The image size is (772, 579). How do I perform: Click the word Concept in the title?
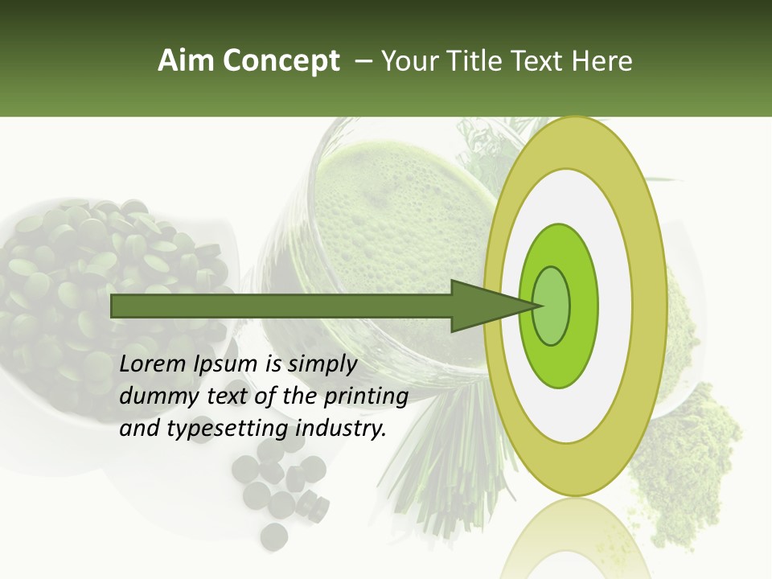point(277,61)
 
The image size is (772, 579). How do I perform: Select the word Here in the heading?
point(603,61)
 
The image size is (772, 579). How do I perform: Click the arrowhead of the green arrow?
point(491,306)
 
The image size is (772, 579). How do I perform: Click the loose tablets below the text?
point(277,491)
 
